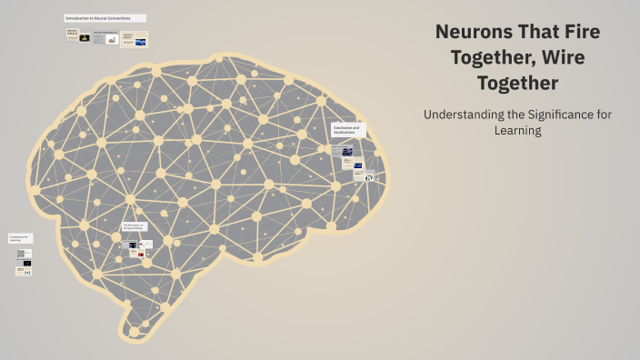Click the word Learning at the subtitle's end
click(x=518, y=131)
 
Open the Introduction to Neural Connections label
click(x=105, y=18)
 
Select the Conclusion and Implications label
click(x=346, y=131)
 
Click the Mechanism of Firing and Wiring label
click(x=134, y=226)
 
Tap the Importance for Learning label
click(x=20, y=238)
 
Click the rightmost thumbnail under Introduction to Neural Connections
click(x=134, y=39)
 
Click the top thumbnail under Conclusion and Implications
click(x=346, y=151)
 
